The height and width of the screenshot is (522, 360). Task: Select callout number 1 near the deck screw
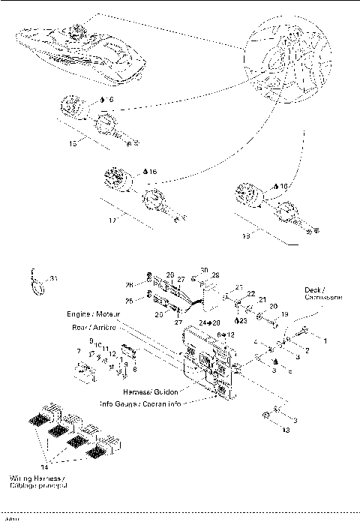click(x=325, y=340)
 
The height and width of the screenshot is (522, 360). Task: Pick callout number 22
click(x=251, y=293)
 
